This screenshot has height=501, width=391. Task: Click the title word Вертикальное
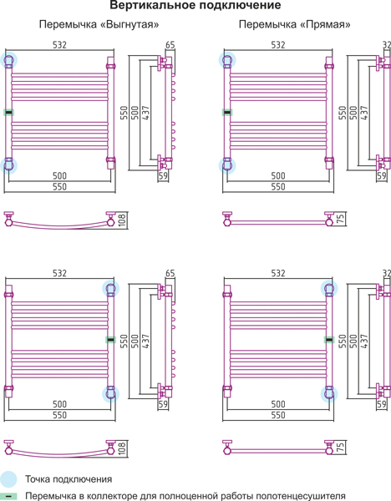[147, 6]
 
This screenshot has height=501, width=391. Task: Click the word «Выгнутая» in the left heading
[129, 24]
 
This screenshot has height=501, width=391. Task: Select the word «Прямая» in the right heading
[326, 24]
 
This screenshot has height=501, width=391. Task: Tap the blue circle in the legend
[8, 479]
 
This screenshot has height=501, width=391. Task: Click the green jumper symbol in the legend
[9, 496]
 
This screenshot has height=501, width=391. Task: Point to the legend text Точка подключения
[69, 479]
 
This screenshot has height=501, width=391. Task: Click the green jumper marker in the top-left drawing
[8, 113]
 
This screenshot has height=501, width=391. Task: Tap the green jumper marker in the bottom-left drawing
[110, 340]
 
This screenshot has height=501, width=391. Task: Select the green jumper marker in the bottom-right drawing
[329, 340]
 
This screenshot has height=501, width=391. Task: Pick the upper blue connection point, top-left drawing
[8, 60]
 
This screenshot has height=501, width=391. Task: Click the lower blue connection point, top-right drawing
[227, 165]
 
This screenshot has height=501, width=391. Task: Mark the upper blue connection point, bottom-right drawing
[329, 289]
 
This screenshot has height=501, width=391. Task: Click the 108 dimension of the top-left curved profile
[123, 220]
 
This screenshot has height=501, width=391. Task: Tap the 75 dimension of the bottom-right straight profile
[341, 447]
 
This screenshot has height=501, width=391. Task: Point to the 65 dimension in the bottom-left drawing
[170, 273]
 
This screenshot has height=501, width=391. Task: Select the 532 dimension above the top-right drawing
[278, 45]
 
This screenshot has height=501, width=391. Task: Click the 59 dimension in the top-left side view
[163, 175]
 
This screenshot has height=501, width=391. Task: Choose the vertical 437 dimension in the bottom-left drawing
[145, 341]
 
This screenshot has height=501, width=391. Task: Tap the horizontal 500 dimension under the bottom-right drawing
[278, 404]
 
